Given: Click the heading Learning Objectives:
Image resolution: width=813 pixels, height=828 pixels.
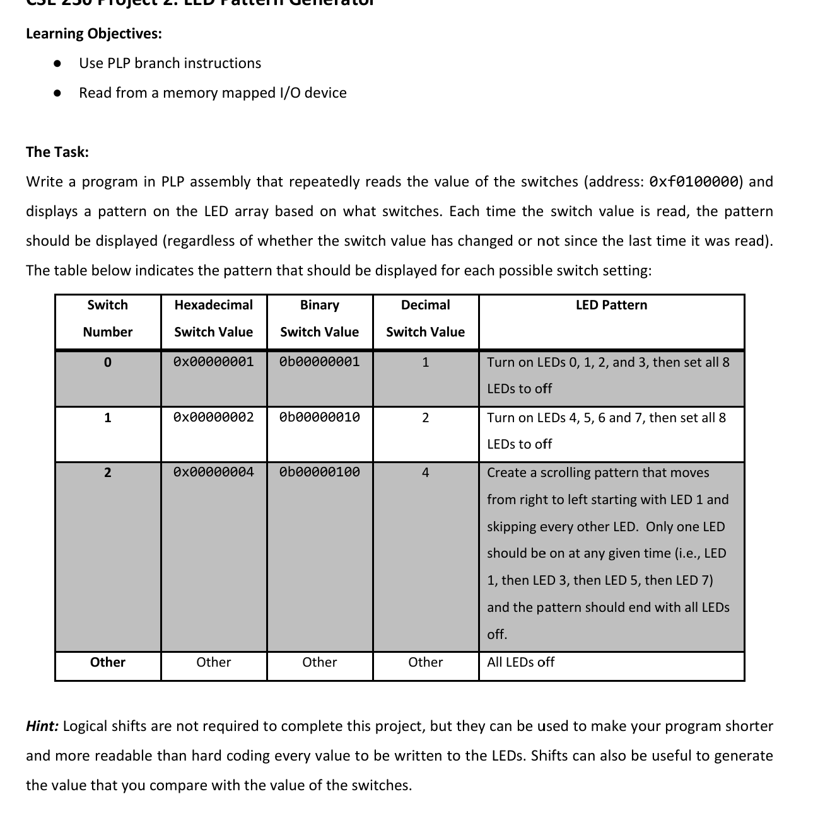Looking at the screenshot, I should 93,33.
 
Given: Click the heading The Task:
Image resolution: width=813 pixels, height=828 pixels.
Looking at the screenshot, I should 57,152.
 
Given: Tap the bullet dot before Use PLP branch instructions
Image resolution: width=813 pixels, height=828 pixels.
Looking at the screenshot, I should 57,63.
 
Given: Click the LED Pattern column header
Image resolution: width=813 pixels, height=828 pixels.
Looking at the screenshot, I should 611,305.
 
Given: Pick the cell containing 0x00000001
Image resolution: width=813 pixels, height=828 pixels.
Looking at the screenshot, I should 213,362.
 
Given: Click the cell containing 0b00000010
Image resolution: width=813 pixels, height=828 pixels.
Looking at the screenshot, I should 319,417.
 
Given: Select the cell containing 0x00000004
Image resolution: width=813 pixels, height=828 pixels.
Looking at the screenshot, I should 213,472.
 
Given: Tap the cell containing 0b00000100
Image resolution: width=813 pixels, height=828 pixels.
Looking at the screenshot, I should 319,472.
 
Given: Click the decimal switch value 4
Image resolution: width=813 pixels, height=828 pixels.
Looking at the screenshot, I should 425,473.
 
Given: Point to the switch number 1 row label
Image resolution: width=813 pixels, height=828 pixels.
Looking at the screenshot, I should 107,418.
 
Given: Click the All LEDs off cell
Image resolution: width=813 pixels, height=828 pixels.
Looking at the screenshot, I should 520,662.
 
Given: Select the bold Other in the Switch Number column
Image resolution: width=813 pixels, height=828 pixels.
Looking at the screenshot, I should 107,662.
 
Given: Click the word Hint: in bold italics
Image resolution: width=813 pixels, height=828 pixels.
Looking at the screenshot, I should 42,726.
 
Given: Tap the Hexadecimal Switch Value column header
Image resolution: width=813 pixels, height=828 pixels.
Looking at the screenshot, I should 213,318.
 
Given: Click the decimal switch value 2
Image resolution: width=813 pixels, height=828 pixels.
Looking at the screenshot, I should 425,418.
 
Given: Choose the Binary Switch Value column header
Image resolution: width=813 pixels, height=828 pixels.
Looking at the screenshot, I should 319,318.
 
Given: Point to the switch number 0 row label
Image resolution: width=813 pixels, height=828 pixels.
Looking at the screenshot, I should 107,362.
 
